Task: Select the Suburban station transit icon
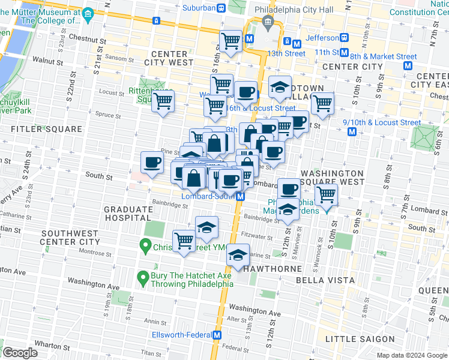point(221,8)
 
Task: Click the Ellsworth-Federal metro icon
point(218,335)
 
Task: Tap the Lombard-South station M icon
point(240,196)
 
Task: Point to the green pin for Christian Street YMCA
point(144,245)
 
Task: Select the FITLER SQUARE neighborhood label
point(46,129)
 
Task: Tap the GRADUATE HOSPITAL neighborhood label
point(128,214)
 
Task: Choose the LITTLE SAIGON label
point(349,339)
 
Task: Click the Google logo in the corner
point(20,353)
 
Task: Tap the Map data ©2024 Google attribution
point(411,355)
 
